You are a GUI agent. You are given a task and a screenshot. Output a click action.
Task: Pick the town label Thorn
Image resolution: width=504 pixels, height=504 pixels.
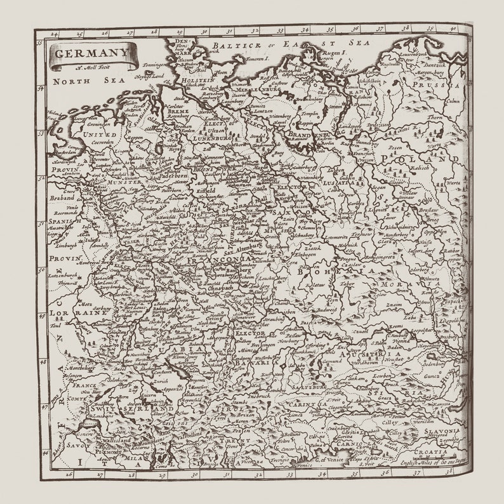435,118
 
